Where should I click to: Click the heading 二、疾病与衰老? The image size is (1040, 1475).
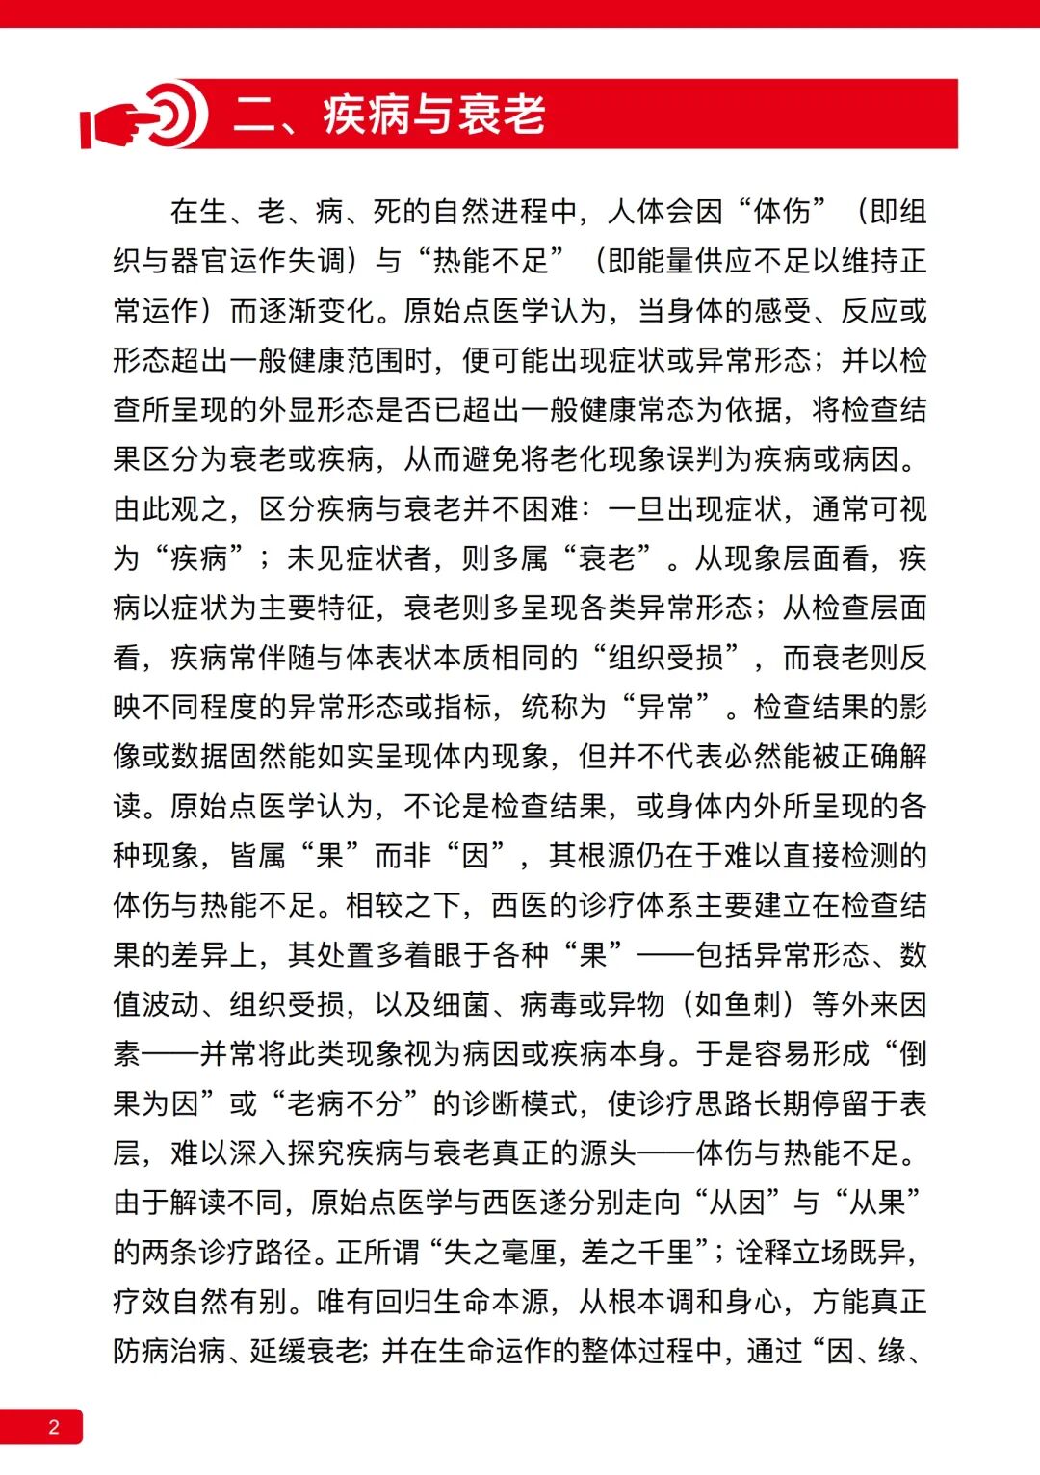click(x=389, y=116)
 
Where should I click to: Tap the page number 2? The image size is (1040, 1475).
click(x=54, y=1427)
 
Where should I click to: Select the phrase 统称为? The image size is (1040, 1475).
click(x=563, y=708)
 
